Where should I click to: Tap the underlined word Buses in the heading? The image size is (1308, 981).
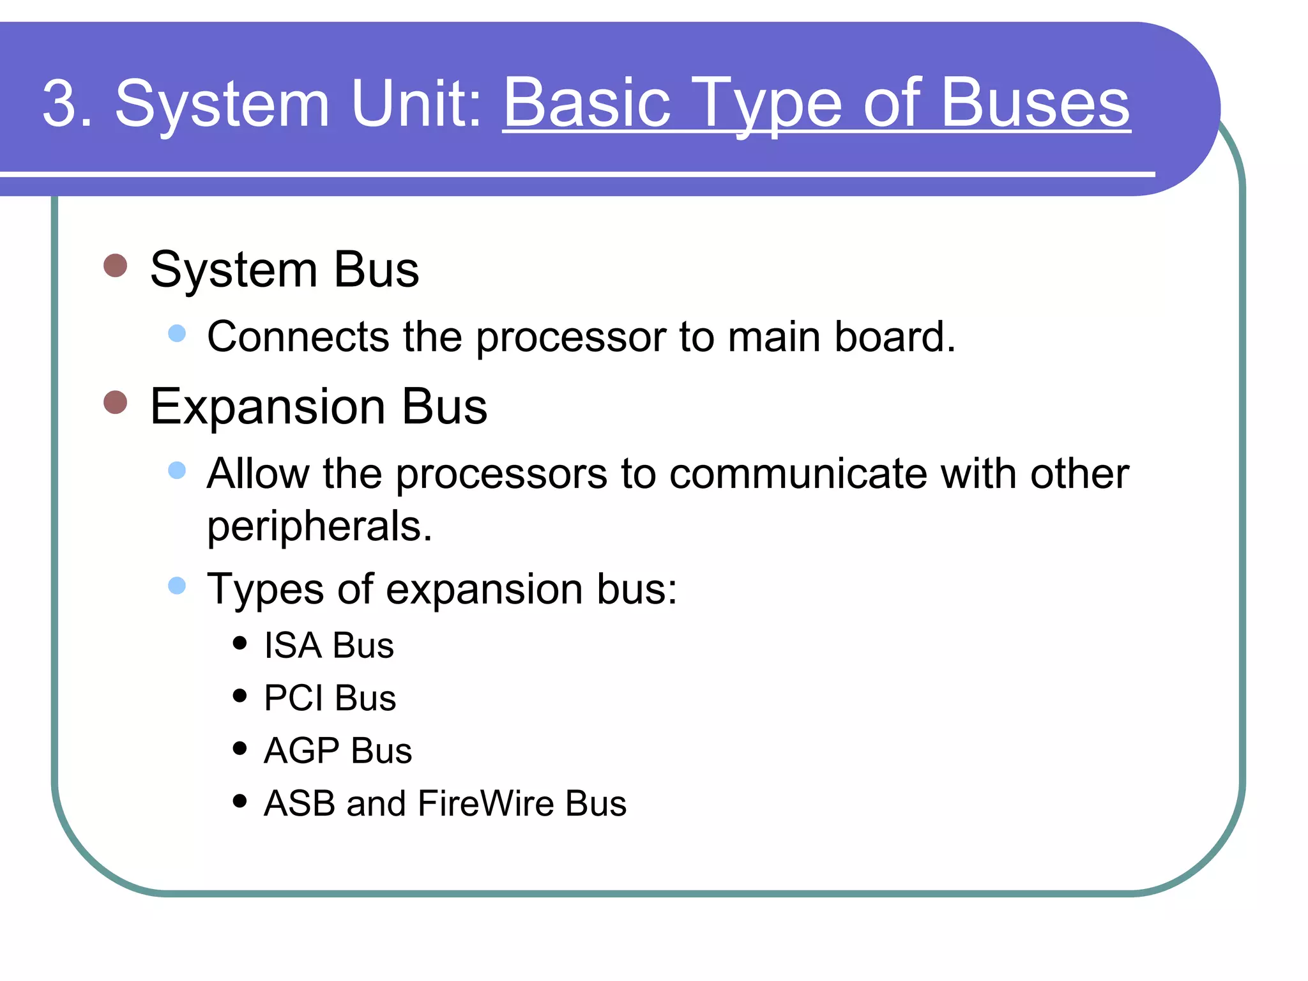1035,103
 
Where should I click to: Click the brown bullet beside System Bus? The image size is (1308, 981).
116,265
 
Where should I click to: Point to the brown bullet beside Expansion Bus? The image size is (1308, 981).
116,402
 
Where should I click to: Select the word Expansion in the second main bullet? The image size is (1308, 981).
268,407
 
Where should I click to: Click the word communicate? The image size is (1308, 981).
798,475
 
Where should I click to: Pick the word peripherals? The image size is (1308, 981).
319,527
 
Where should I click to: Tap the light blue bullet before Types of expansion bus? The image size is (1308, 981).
177,586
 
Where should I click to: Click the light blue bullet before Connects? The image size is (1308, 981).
177,333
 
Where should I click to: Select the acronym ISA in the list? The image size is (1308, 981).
293,646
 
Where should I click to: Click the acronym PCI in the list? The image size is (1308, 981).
294,698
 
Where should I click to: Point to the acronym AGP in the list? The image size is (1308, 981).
301,750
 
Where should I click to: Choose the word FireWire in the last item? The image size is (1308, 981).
485,803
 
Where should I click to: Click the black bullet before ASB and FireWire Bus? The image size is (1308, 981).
240,801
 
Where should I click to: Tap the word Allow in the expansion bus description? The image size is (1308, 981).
258,475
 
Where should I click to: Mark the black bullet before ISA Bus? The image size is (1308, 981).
240,643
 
